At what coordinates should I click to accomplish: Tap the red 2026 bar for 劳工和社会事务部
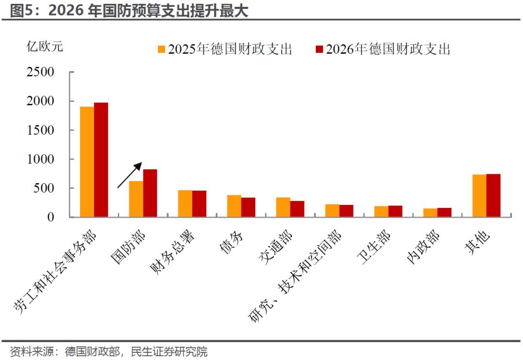point(101,159)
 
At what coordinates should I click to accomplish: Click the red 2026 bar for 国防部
point(150,193)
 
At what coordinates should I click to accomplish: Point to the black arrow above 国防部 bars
point(130,175)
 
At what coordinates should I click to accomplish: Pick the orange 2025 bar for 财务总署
point(185,203)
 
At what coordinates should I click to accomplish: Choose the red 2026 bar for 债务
point(248,207)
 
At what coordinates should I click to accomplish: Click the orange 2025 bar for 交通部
point(283,207)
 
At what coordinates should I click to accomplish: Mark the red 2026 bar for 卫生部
point(395,211)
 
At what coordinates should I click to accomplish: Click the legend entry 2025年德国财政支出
point(225,49)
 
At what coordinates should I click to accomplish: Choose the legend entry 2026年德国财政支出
point(383,49)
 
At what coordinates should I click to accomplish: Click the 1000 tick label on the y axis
point(44,159)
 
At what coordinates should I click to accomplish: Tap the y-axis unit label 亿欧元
point(45,47)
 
